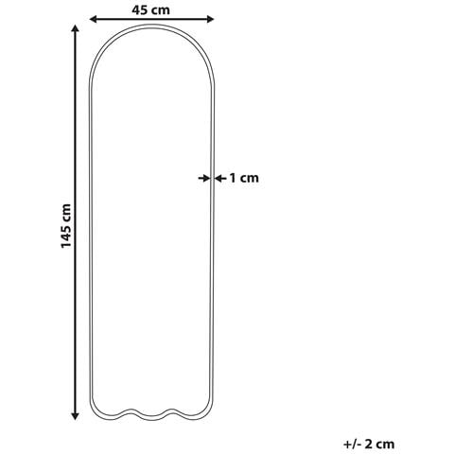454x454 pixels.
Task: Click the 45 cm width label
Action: [x=150, y=10]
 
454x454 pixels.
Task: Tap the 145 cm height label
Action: [x=66, y=226]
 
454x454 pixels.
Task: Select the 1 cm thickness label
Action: [x=244, y=178]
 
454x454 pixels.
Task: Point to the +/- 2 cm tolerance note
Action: [x=369, y=445]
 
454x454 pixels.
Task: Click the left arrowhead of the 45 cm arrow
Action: [x=94, y=19]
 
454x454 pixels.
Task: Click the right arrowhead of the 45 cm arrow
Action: [x=210, y=19]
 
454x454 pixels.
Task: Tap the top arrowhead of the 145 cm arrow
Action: [x=75, y=28]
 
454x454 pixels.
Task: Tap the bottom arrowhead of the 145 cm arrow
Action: [x=75, y=416]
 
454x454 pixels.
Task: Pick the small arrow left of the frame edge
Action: [x=204, y=179]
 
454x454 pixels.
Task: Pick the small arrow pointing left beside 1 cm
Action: [x=220, y=179]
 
